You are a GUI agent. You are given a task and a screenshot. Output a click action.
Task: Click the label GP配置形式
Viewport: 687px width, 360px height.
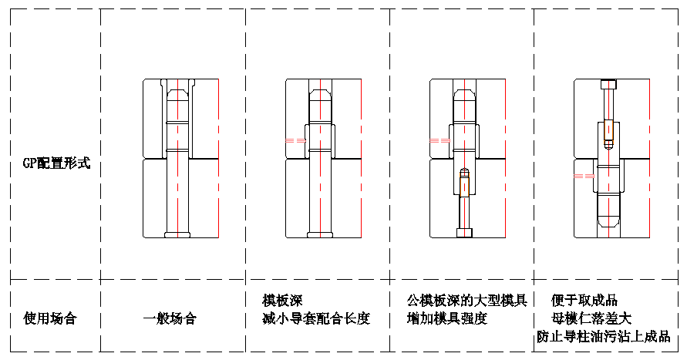[x=56, y=163]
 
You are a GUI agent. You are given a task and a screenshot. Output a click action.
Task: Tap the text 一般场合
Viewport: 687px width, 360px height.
[x=169, y=318]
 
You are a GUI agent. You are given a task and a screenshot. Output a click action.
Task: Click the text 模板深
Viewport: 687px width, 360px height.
[x=281, y=300]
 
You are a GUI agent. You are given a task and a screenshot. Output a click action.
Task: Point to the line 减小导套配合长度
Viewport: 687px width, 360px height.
[x=316, y=318]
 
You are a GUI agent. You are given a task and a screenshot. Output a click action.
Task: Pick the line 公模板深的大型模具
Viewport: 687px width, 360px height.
[x=466, y=300]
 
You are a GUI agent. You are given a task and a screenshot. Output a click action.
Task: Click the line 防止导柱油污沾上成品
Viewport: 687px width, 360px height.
[x=603, y=336]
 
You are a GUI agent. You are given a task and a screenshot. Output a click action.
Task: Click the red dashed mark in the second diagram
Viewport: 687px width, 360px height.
[x=295, y=140]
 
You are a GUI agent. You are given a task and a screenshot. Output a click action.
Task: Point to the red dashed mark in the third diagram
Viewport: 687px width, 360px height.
[x=439, y=140]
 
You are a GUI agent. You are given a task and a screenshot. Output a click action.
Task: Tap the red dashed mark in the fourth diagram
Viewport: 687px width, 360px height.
[x=584, y=177]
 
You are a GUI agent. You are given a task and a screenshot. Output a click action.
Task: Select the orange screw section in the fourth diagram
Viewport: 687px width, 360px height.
[x=608, y=130]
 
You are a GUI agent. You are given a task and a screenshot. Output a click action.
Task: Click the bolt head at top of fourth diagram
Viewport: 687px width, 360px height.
[x=608, y=84]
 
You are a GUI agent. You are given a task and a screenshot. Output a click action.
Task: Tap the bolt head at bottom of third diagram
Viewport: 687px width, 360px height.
[x=463, y=232]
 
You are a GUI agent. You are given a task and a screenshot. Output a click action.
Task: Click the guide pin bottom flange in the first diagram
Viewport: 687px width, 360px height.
[x=177, y=234]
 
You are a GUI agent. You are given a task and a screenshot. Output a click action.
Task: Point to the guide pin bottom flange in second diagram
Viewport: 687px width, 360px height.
[x=320, y=234]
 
